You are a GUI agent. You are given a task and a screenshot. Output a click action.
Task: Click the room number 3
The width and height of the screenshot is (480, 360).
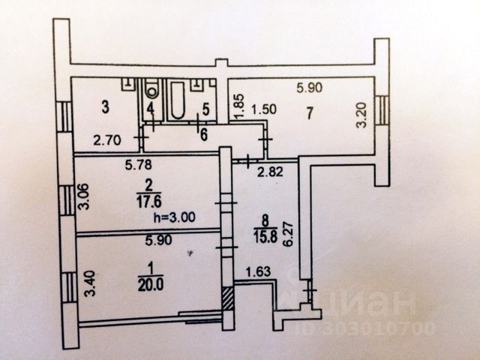tap(106, 108)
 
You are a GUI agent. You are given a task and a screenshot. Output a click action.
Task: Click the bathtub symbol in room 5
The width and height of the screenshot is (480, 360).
tap(179, 102)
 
